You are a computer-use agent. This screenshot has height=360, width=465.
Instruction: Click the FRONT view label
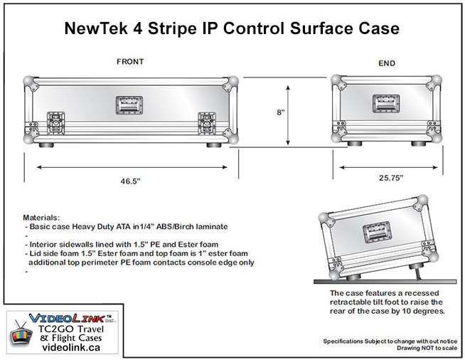click(x=130, y=61)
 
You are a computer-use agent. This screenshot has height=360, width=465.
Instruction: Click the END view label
click(x=387, y=63)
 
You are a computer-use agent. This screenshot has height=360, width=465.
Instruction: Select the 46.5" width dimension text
click(x=130, y=181)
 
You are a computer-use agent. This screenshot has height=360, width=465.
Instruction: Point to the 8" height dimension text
click(x=281, y=112)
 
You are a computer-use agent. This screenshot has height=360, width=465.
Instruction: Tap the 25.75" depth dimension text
click(x=391, y=178)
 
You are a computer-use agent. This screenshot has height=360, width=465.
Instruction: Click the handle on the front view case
click(x=129, y=105)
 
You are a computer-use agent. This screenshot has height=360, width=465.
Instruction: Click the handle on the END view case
click(x=386, y=104)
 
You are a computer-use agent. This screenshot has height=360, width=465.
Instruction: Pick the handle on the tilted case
click(x=378, y=232)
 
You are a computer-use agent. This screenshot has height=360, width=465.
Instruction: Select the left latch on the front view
click(x=55, y=123)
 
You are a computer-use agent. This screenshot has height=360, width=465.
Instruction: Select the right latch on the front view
click(x=207, y=123)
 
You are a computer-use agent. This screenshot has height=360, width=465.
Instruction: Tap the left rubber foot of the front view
click(x=46, y=145)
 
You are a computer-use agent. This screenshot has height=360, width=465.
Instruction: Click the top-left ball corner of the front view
click(x=28, y=80)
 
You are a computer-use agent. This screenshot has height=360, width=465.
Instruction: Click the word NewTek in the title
click(x=97, y=28)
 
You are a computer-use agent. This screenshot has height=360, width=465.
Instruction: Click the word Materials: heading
click(x=41, y=218)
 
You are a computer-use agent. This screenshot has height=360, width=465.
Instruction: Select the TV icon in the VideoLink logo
click(x=21, y=334)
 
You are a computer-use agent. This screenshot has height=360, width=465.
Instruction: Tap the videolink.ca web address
click(x=71, y=347)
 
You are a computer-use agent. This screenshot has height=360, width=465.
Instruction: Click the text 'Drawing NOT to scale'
click(x=427, y=348)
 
